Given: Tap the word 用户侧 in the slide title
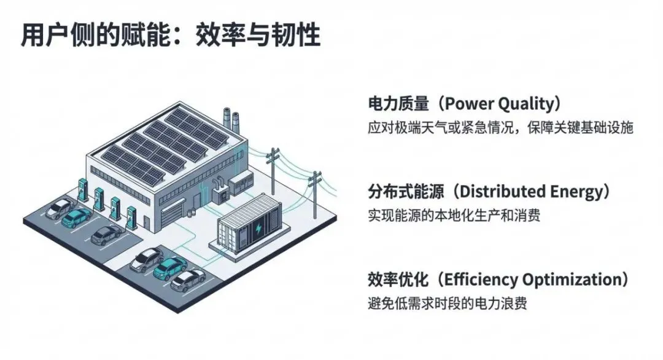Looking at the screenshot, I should pos(55,35).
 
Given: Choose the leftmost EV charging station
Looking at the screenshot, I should pos(83,189).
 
